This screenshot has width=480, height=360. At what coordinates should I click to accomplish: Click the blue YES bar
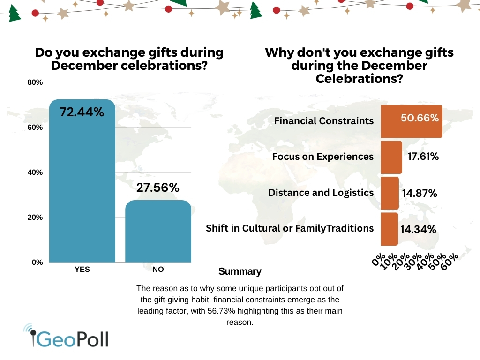[x=82, y=187]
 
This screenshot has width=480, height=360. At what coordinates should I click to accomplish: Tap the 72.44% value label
[x=82, y=112]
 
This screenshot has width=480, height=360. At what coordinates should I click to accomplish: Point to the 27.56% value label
[x=158, y=187]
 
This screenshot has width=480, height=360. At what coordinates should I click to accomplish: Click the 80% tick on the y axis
[x=36, y=82]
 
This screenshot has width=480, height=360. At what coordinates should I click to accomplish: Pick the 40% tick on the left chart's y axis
[x=36, y=172]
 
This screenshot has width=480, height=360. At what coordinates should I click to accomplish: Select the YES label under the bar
[x=82, y=270]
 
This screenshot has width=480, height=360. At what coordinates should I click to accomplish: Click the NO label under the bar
[x=158, y=270]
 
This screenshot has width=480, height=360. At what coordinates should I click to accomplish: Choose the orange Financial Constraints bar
[x=411, y=121]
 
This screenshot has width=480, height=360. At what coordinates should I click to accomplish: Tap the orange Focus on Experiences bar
[x=391, y=157]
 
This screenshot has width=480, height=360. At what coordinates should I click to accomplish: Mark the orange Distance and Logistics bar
[x=390, y=193]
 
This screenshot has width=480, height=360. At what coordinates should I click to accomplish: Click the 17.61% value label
[x=423, y=157]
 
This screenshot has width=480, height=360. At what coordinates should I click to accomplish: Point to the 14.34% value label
[x=418, y=229]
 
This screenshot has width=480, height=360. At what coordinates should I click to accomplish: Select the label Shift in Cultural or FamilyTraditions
[x=290, y=228]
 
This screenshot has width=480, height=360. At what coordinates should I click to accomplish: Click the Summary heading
[x=240, y=271]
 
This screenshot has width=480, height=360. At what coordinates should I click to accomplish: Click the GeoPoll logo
[x=67, y=337]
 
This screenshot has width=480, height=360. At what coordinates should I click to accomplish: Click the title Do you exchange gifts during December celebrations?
[x=129, y=59]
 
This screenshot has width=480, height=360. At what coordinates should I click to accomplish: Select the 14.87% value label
[x=420, y=193]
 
